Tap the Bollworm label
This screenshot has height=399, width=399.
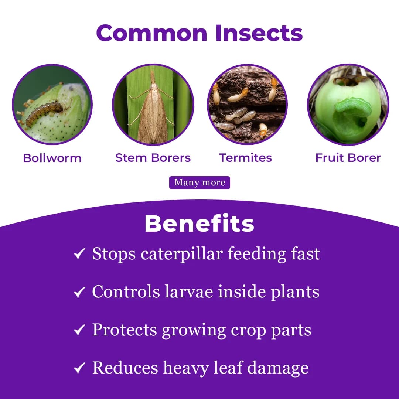52,158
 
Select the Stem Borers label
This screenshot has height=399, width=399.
153,158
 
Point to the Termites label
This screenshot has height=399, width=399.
245,158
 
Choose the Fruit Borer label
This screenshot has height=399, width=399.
348,158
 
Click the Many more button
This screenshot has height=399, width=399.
199,183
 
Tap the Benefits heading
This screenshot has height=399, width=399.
199,223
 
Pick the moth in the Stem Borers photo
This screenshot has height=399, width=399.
152,111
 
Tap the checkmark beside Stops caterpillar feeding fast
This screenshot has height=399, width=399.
79,254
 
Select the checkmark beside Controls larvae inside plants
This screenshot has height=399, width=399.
79,292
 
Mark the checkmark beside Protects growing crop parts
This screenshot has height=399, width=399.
79,330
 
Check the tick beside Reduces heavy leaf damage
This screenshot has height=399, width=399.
79,368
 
